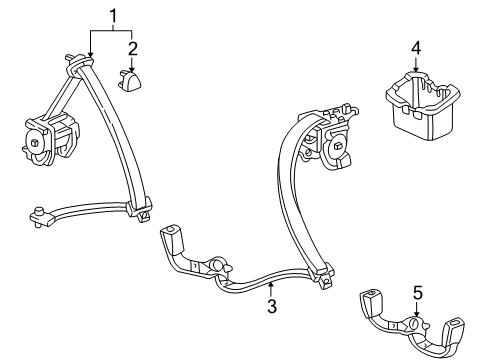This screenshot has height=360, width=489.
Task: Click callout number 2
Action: [132, 46]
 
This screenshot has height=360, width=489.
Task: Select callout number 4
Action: [415, 46]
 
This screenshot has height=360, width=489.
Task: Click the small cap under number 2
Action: [133, 79]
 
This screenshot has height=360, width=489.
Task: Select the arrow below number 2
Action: [132, 62]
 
